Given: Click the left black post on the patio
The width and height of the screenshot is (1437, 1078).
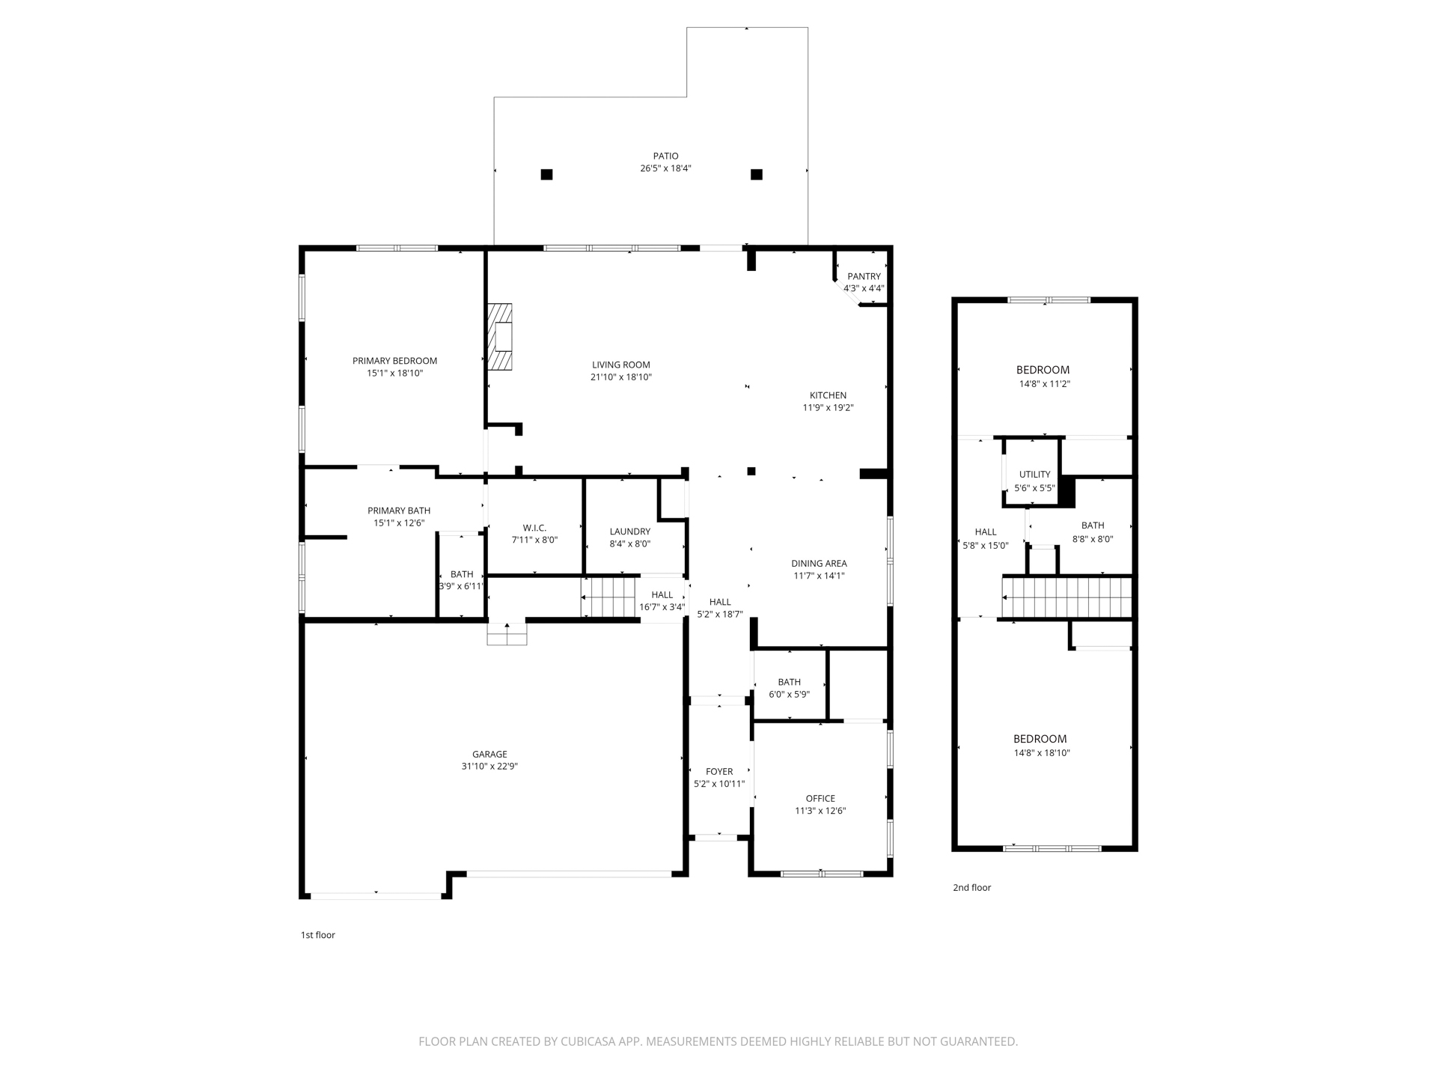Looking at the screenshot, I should [546, 174].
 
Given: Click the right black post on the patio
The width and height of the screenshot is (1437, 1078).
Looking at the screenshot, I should [757, 174].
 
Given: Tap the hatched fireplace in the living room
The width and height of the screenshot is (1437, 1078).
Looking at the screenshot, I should [500, 337].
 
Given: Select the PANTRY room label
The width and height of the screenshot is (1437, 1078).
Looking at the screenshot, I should [864, 276].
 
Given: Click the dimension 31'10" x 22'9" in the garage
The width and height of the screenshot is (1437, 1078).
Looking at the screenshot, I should [489, 767].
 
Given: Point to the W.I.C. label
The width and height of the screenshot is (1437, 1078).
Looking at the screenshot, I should [534, 528].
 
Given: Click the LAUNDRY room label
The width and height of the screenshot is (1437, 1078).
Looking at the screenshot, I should [629, 532].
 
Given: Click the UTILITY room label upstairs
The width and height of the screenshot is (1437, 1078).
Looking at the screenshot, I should [1034, 475].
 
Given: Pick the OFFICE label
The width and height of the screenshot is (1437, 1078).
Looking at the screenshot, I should [820, 799].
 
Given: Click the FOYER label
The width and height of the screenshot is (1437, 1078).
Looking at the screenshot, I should [719, 772].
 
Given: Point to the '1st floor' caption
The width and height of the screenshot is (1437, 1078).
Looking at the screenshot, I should [318, 935].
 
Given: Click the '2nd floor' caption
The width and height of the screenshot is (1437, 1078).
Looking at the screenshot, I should [971, 888].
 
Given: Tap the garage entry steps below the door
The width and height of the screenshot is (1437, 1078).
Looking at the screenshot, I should [507, 636].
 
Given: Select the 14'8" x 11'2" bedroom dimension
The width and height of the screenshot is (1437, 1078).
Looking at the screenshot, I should [1044, 384].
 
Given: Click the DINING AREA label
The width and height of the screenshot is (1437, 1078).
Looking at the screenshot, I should [819, 564].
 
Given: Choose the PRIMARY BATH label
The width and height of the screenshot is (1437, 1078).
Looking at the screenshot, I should [399, 511].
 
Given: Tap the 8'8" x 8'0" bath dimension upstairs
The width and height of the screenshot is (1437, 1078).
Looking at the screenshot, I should [1093, 539].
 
